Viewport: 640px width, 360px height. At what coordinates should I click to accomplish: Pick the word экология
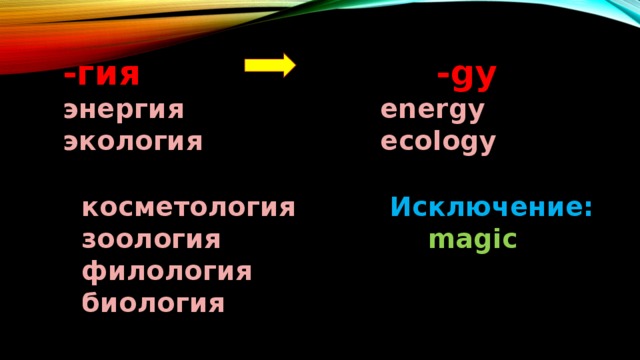pyautogui.click(x=132, y=142)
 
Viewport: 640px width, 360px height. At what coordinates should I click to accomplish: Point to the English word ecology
pyautogui.click(x=437, y=142)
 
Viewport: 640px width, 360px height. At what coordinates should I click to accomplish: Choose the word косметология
pyautogui.click(x=189, y=209)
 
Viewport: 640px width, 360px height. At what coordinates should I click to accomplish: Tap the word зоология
pyautogui.click(x=152, y=240)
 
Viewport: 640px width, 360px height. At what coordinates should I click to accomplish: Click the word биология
pyautogui.click(x=154, y=302)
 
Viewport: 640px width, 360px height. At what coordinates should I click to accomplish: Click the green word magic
pyautogui.click(x=472, y=240)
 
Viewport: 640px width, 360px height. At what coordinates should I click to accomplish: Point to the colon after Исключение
pyautogui.click(x=589, y=211)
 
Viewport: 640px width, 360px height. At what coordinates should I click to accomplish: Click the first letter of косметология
pyautogui.click(x=91, y=210)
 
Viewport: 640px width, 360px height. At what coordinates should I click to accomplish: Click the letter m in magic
pyautogui.click(x=437, y=241)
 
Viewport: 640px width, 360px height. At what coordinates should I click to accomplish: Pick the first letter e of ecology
pyautogui.click(x=388, y=142)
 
